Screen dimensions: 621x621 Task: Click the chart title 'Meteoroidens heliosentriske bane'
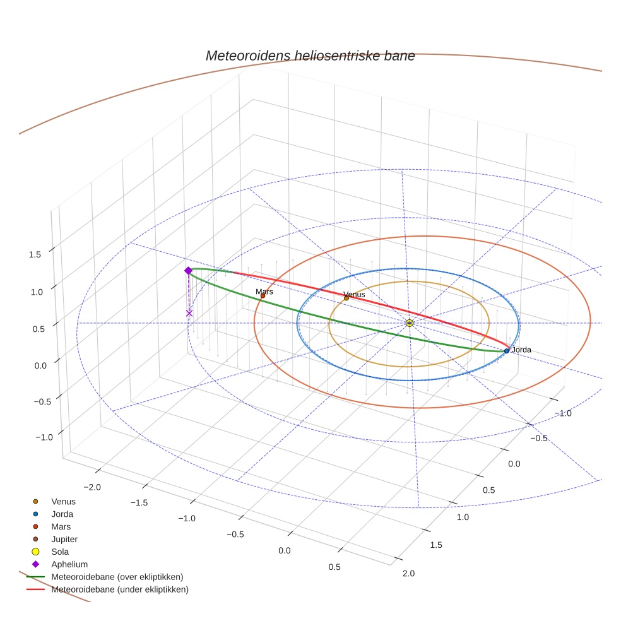(x=310, y=56)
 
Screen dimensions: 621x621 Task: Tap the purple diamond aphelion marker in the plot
(x=188, y=271)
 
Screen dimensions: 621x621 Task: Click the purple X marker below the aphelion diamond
(x=189, y=313)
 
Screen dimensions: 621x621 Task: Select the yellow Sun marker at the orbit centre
(x=410, y=323)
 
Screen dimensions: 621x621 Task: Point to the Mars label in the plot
(x=264, y=292)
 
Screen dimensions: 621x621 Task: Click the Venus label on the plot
(x=354, y=295)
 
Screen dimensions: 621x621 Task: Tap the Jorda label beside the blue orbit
(x=521, y=350)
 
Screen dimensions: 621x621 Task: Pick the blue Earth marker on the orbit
(x=507, y=350)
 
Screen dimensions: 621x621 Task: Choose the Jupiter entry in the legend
(x=64, y=539)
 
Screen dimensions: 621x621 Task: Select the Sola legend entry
(x=60, y=552)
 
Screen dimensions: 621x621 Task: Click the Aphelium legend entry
(x=69, y=564)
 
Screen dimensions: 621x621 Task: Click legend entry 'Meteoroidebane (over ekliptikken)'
(x=117, y=577)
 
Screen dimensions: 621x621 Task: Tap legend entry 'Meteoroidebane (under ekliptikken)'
(x=120, y=589)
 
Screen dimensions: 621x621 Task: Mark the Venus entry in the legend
(x=63, y=502)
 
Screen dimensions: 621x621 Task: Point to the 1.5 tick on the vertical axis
(x=35, y=254)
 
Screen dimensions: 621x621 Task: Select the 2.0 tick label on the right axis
(x=408, y=573)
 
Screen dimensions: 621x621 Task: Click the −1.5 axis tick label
(x=139, y=503)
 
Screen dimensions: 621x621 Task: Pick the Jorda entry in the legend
(x=62, y=514)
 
